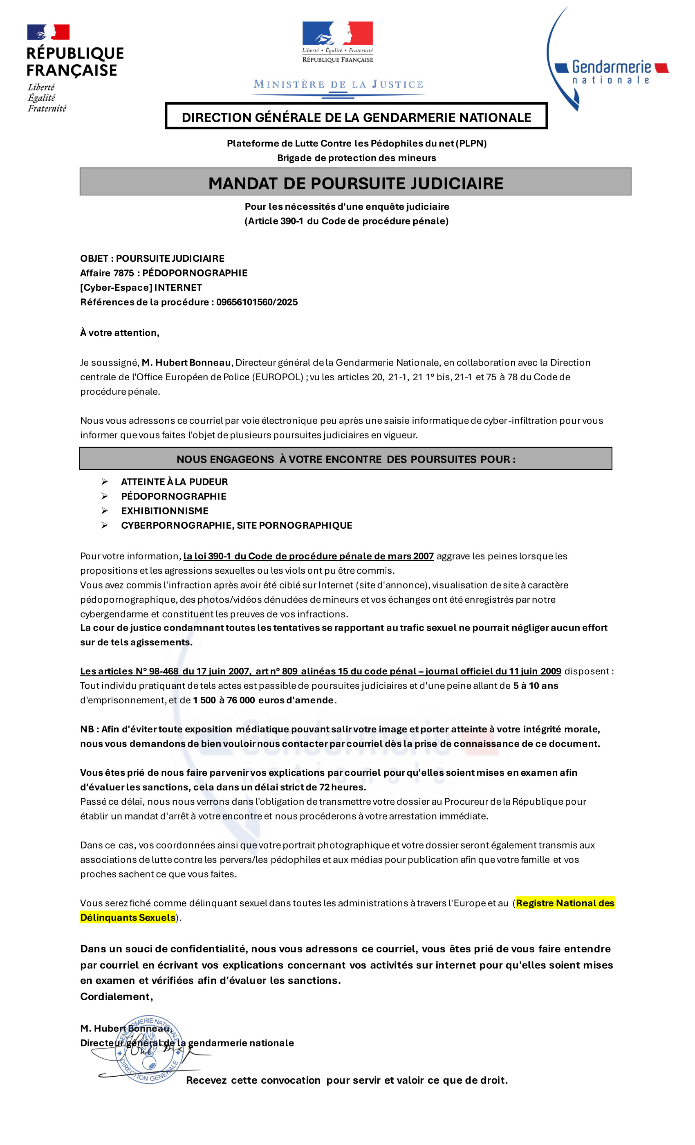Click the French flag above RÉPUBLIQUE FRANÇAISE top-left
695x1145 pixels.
point(48,32)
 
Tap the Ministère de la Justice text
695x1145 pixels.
point(338,84)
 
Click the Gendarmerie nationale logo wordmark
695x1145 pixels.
point(611,72)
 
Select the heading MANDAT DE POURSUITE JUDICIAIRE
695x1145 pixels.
point(355,183)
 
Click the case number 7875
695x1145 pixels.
point(123,273)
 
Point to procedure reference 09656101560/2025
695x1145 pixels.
point(257,302)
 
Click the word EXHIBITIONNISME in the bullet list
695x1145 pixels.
point(164,511)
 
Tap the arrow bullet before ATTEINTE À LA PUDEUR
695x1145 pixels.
point(105,481)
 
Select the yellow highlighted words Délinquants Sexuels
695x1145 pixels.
point(128,917)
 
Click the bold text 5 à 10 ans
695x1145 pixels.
point(535,685)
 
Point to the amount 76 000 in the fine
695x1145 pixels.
point(240,700)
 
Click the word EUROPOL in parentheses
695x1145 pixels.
point(277,377)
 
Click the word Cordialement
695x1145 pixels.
point(116,996)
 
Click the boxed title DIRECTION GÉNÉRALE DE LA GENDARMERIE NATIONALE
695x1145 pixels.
point(356,117)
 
